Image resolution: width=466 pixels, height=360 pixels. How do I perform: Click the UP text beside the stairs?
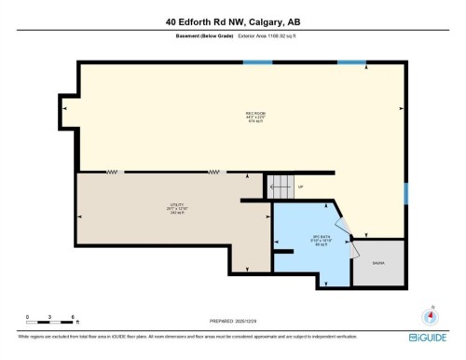pyautogui.click(x=300, y=187)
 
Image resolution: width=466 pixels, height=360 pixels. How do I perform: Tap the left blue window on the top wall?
pyautogui.click(x=257, y=62)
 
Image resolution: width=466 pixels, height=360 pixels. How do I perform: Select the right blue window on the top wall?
pyautogui.click(x=351, y=62)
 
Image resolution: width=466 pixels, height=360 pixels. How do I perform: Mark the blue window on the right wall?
pyautogui.click(x=405, y=193)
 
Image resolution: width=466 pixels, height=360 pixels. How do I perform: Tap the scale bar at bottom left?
pyautogui.click(x=50, y=323)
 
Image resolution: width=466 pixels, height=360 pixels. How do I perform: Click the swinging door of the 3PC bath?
pyautogui.click(x=348, y=237)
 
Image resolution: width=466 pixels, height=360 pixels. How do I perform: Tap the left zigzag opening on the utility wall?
pyautogui.click(x=113, y=172)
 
